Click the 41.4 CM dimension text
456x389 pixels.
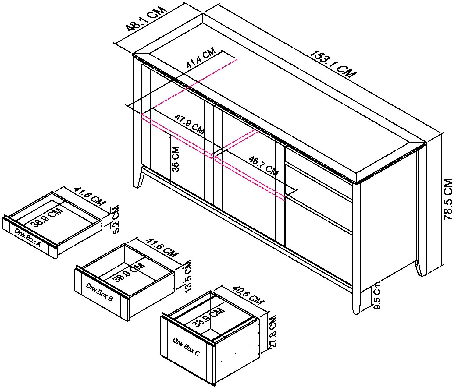click(x=201, y=58)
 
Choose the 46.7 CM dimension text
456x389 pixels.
click(x=263, y=166)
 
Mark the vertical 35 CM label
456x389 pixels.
click(x=175, y=159)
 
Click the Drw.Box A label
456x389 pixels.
click(x=27, y=237)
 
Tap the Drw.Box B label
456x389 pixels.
click(x=99, y=292)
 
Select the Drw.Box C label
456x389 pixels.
click(x=186, y=346)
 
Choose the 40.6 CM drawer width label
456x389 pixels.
click(x=248, y=295)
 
